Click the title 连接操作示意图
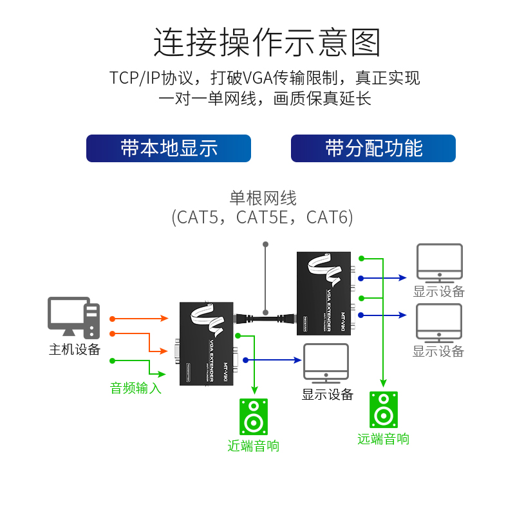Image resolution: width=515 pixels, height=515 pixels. (x=267, y=43)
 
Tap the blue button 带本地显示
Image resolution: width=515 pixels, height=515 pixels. (x=169, y=148)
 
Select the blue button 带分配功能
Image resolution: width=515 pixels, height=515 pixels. (x=373, y=148)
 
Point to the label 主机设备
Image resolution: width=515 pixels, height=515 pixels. (x=75, y=349)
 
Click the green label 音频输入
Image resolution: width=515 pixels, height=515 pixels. (x=135, y=388)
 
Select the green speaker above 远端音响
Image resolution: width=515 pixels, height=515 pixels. (x=384, y=410)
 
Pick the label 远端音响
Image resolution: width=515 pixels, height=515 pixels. (x=384, y=439)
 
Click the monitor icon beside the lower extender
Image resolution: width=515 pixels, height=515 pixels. (x=326, y=364)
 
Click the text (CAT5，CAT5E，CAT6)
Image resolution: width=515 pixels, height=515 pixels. (x=263, y=218)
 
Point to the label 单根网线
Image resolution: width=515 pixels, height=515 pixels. (x=263, y=198)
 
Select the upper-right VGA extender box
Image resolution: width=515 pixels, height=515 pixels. (x=323, y=293)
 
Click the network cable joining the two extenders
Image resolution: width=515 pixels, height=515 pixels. (x=265, y=317)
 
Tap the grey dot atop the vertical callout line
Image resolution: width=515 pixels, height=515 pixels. (x=265, y=245)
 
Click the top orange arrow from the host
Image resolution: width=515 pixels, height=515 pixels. (x=138, y=319)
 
